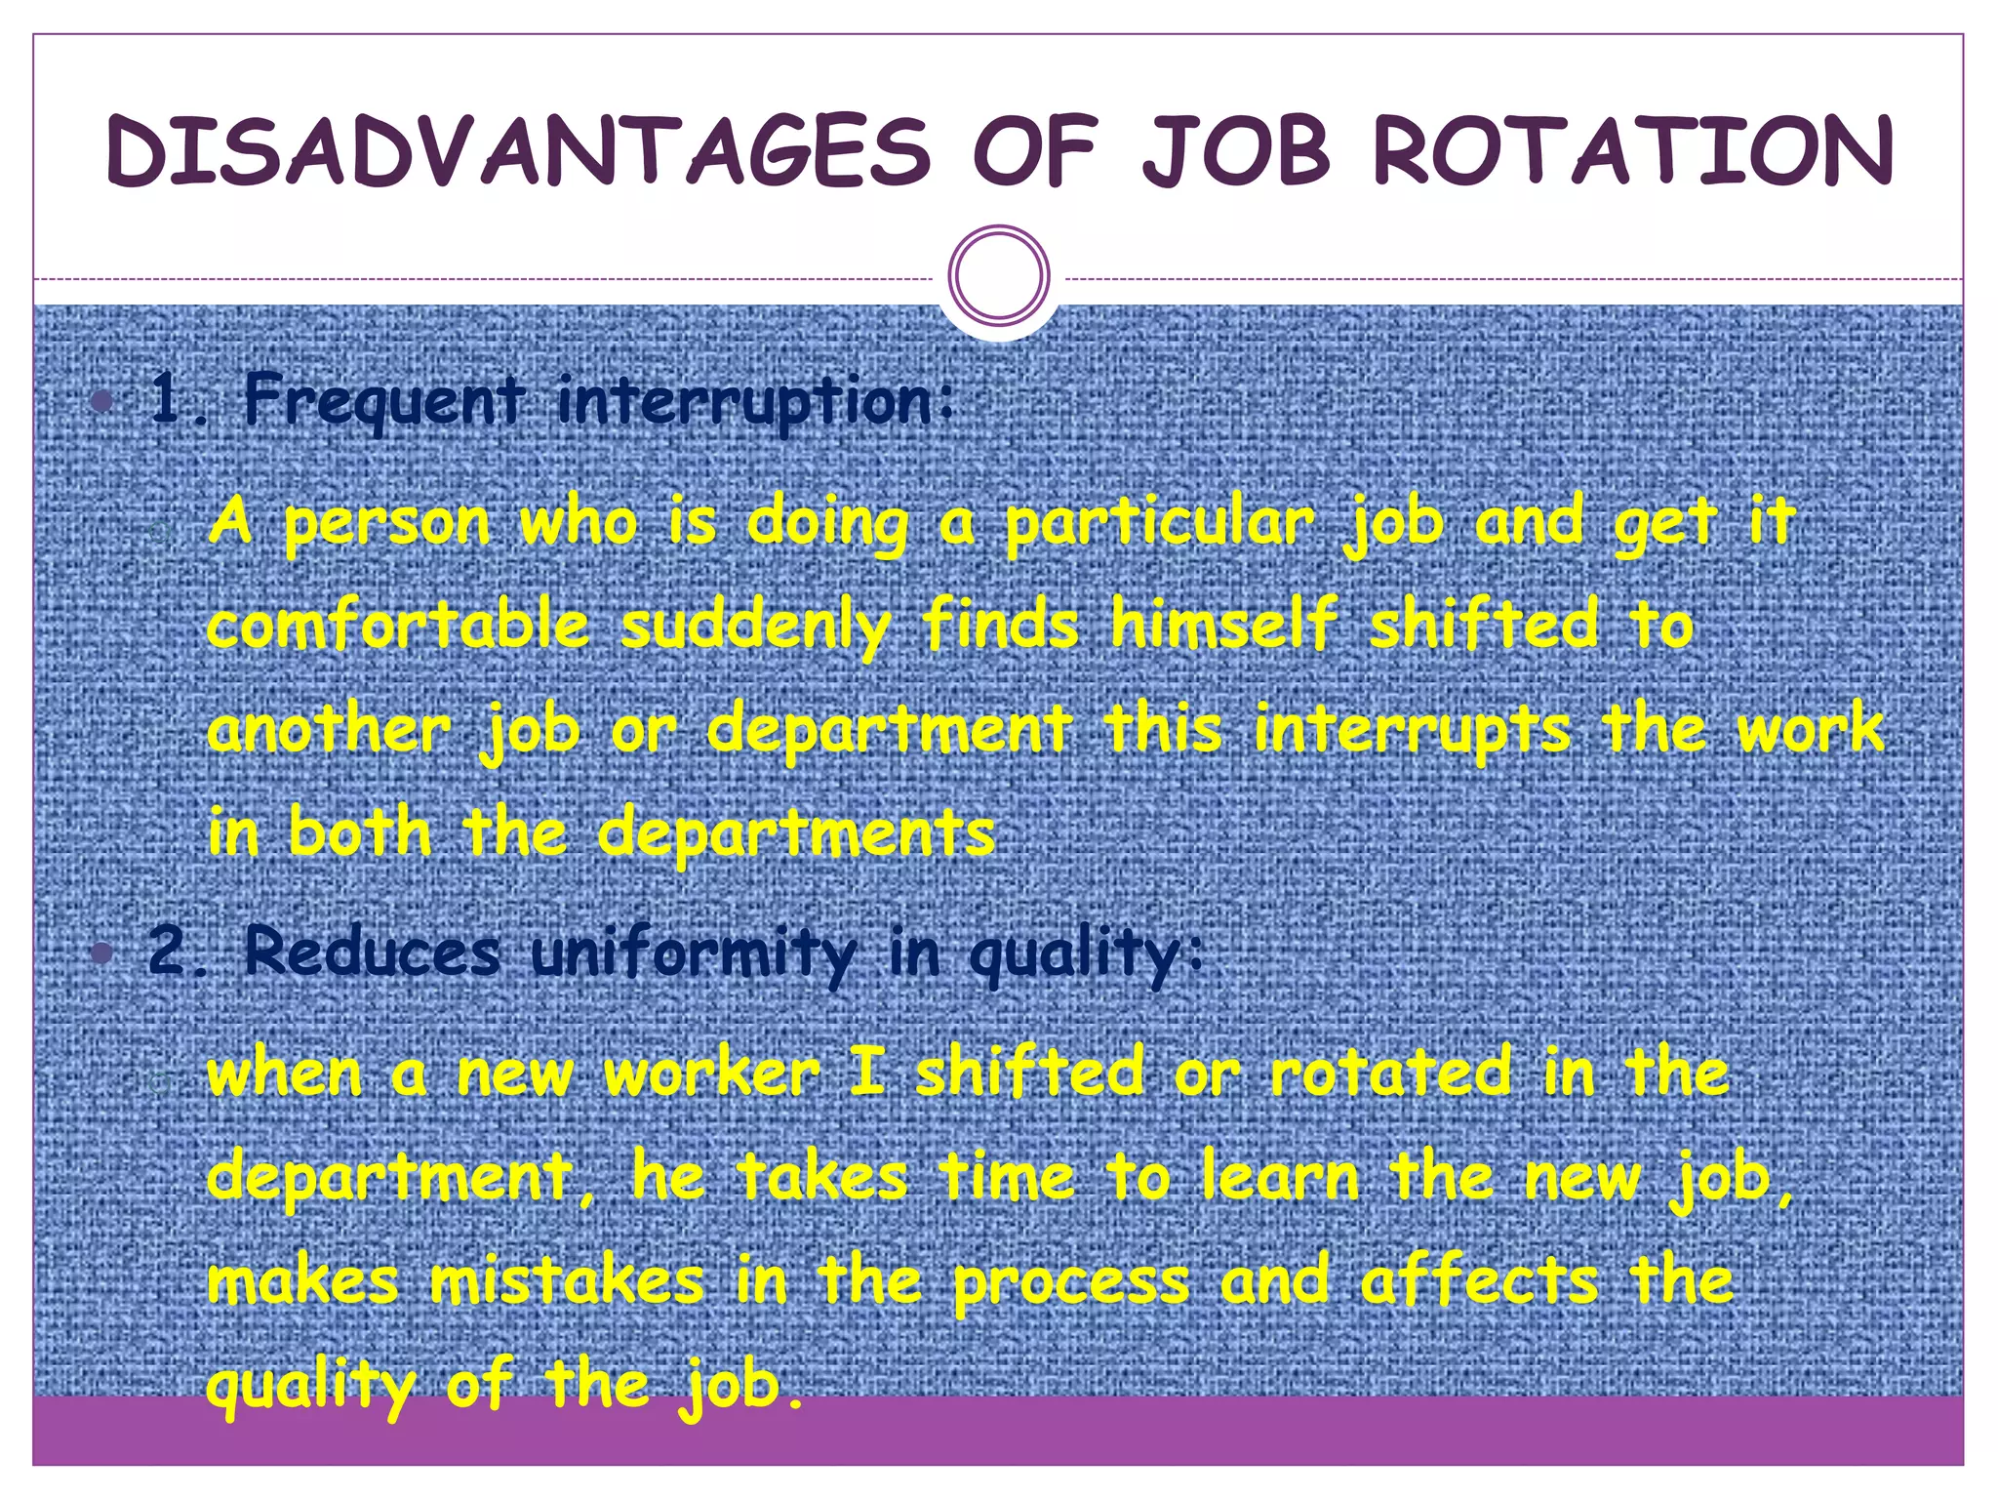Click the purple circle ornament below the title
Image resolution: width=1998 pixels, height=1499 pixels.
pyautogui.click(x=999, y=275)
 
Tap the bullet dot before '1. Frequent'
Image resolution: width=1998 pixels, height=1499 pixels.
pyautogui.click(x=101, y=401)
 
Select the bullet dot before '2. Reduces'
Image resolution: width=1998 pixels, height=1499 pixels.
pyautogui.click(x=101, y=952)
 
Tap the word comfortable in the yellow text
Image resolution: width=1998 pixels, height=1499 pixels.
pyautogui.click(x=399, y=625)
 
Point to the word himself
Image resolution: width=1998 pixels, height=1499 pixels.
pyautogui.click(x=1223, y=625)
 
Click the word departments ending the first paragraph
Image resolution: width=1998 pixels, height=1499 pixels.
pyautogui.click(x=796, y=835)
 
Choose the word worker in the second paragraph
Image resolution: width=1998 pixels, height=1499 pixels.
pyautogui.click(x=712, y=1074)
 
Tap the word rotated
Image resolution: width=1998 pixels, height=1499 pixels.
pyautogui.click(x=1391, y=1073)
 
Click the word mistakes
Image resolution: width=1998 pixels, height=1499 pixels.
pyautogui.click(x=567, y=1281)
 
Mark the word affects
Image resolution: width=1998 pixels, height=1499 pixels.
pyautogui.click(x=1480, y=1280)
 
